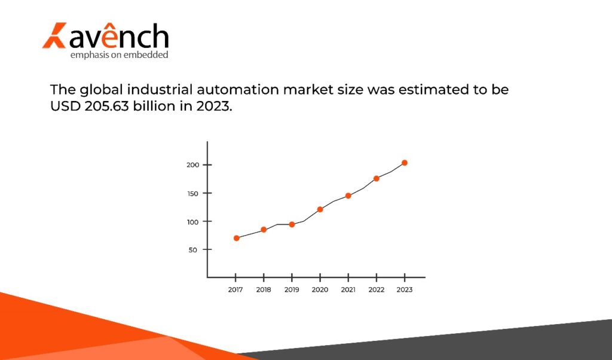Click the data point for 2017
click(237, 238)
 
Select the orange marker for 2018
click(264, 230)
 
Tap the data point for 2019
click(292, 225)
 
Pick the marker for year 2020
click(320, 209)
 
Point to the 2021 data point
click(348, 196)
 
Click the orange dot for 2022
click(377, 178)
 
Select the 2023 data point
click(405, 163)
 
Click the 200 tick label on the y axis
click(191, 165)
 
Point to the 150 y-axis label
click(191, 193)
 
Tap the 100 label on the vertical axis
click(191, 221)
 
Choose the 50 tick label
click(193, 249)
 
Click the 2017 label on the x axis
click(235, 289)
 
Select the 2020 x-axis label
click(320, 289)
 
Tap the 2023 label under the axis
click(405, 289)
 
